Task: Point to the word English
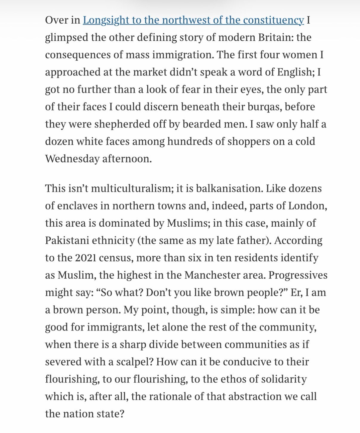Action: (295, 72)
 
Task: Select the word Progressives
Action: (298, 275)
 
